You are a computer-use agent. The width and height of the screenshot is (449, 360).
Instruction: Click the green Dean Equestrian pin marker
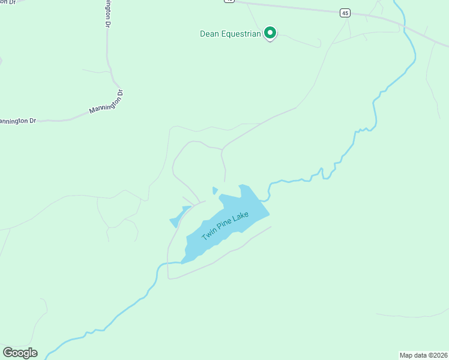pyautogui.click(x=270, y=33)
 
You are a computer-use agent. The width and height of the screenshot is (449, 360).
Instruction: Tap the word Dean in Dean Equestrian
pyautogui.click(x=209, y=34)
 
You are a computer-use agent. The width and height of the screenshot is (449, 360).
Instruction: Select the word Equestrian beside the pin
pyautogui.click(x=241, y=34)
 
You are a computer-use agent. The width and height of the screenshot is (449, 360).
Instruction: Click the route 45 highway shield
pyautogui.click(x=344, y=12)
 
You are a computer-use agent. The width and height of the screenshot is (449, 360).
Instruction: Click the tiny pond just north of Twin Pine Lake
pyautogui.click(x=215, y=191)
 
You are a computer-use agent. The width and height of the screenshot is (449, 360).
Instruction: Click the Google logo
pyautogui.click(x=20, y=353)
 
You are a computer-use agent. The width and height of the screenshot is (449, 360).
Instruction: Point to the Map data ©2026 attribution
pyautogui.click(x=423, y=355)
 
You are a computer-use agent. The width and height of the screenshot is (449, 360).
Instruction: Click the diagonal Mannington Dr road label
pyautogui.click(x=106, y=102)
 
